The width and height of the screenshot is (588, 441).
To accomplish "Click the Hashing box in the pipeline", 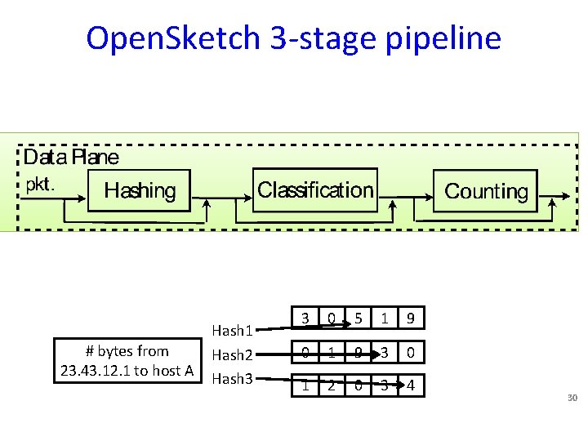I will (139, 191).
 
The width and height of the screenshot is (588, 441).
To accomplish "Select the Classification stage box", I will (315, 190).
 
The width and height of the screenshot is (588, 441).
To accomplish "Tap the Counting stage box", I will (486, 191).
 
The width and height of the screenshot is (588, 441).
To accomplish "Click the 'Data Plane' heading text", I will (71, 157).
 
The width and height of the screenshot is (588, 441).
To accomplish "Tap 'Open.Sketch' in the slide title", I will (173, 38).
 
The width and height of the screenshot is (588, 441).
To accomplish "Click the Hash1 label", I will (232, 331).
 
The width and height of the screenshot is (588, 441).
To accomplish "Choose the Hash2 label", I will (232, 355).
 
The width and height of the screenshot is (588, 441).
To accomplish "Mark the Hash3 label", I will (232, 378).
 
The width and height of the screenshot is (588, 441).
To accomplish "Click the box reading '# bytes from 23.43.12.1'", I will (127, 361).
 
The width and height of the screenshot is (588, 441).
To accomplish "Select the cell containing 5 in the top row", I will (357, 318).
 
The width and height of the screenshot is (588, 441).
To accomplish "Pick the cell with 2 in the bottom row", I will (331, 385).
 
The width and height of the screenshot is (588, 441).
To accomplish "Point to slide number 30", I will (572, 398).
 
